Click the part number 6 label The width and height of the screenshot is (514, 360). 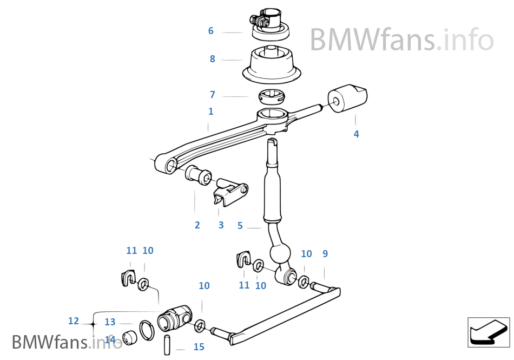(211, 31)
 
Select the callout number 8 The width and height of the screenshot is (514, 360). (212, 59)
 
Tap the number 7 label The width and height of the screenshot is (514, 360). (212, 95)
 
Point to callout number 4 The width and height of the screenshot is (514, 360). (356, 134)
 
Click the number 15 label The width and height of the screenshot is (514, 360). (199, 347)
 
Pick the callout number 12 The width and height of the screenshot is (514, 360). (74, 321)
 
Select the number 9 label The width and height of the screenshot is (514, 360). (325, 253)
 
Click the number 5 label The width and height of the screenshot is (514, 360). (240, 226)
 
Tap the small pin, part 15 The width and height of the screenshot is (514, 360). (167, 344)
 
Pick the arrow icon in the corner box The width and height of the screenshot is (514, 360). (489, 332)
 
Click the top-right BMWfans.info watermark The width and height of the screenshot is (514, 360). (401, 40)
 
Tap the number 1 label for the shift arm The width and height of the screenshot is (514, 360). (210, 112)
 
